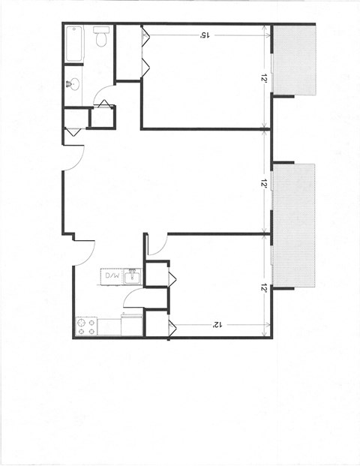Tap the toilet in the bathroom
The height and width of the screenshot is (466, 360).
coord(101,36)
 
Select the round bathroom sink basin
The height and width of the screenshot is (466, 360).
coord(73,84)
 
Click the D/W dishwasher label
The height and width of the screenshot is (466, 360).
coord(112,276)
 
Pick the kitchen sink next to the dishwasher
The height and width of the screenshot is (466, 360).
coord(132,276)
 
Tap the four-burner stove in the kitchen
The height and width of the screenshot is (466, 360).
coord(86,326)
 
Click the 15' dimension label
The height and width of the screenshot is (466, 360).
coord(204,35)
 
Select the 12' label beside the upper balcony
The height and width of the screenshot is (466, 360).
coord(265,77)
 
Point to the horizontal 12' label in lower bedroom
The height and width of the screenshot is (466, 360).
coord(216,324)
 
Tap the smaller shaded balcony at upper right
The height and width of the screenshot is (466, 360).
coord(294,60)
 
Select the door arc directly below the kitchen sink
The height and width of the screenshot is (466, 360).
coord(133,299)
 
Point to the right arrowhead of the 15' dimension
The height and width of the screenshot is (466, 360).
coord(266,35)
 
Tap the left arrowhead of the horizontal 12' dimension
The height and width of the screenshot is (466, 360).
coord(174,324)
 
